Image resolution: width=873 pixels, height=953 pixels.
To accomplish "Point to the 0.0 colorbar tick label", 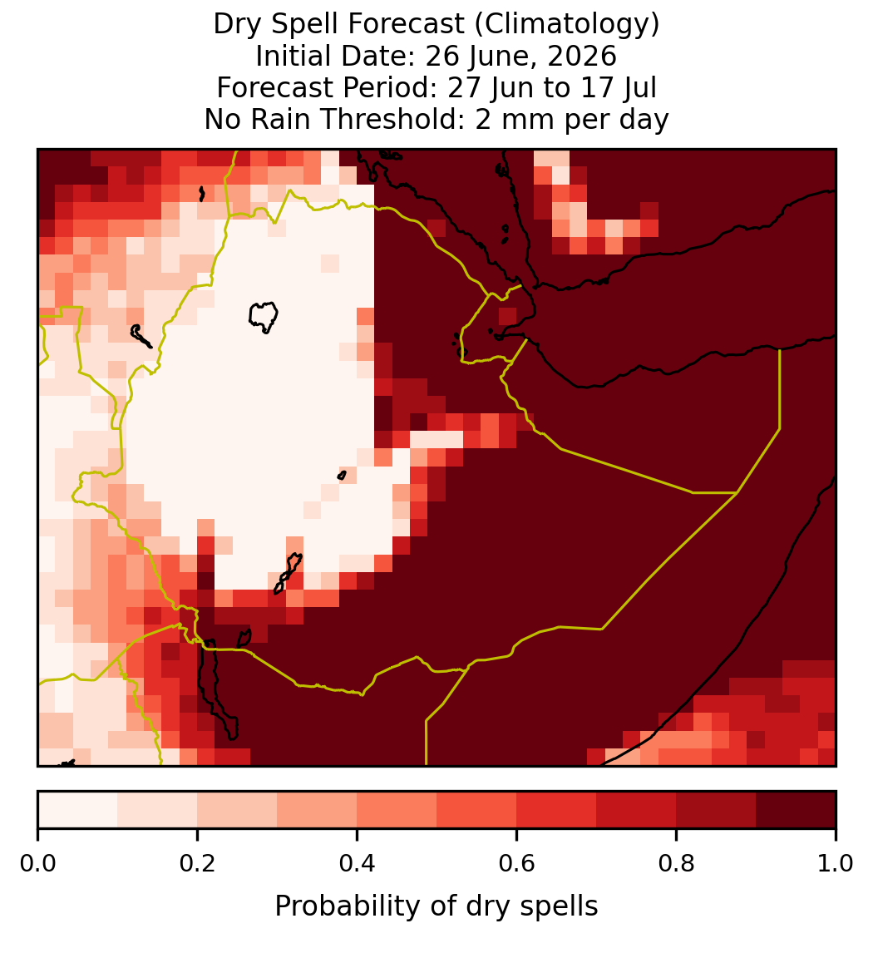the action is click(x=37, y=864).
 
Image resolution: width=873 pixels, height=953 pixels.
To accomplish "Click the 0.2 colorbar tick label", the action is click(x=197, y=864).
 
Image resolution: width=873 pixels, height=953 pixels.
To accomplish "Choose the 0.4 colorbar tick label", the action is click(x=358, y=864).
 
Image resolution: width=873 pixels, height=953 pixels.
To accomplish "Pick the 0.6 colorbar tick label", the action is click(x=517, y=864).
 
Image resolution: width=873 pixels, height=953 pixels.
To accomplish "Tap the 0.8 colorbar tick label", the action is click(x=677, y=864).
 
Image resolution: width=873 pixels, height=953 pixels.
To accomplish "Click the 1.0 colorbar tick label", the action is click(x=836, y=864).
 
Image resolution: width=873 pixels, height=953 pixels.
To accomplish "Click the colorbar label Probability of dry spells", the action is click(x=436, y=906).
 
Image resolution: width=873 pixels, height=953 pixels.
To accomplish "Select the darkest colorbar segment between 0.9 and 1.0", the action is click(x=796, y=810).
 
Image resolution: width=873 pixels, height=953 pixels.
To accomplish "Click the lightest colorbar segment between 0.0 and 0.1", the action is click(x=78, y=810).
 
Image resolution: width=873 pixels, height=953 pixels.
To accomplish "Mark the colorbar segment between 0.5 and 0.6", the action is click(x=477, y=810).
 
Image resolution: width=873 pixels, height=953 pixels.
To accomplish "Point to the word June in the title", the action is click(x=496, y=56).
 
